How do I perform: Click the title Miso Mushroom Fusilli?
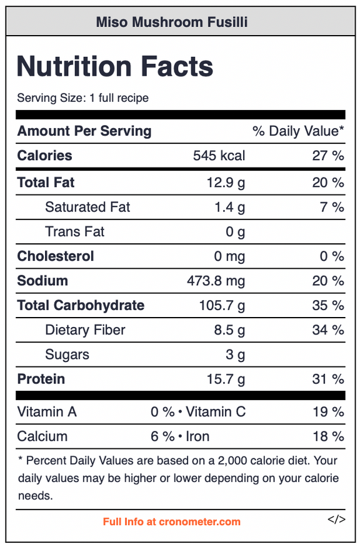(x=172, y=23)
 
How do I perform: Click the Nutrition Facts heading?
(x=115, y=66)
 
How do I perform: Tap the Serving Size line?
(x=83, y=98)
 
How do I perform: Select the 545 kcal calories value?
(x=219, y=156)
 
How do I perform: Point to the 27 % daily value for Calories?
(x=327, y=156)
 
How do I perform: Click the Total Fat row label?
(x=46, y=183)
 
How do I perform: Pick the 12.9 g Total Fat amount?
(x=226, y=183)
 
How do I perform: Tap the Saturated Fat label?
(x=87, y=207)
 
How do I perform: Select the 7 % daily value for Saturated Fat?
(x=332, y=207)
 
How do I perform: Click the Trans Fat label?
(x=74, y=232)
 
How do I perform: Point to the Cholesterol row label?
(x=56, y=256)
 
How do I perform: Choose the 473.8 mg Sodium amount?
(x=216, y=281)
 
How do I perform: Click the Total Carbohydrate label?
(x=81, y=305)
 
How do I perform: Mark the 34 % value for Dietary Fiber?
(x=327, y=330)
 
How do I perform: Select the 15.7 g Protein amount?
(x=226, y=379)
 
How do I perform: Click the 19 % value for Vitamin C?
(x=328, y=412)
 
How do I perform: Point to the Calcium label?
(x=42, y=436)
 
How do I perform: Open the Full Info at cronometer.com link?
(x=172, y=521)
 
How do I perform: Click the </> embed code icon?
(x=336, y=520)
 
